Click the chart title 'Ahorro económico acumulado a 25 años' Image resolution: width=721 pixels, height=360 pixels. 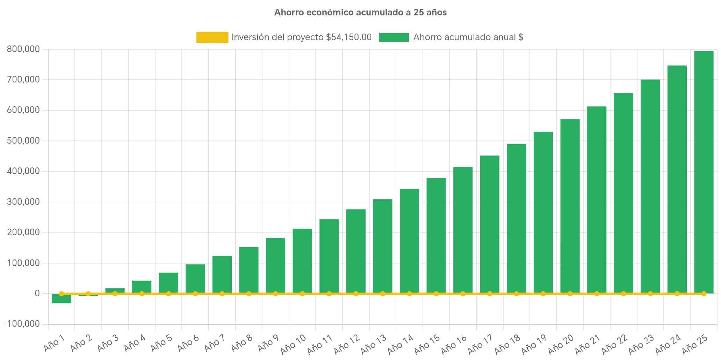pyautogui.click(x=360, y=13)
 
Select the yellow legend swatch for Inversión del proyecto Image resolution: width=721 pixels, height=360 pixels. pyautogui.click(x=212, y=37)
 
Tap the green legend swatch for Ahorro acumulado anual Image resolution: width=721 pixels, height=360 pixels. pyautogui.click(x=394, y=37)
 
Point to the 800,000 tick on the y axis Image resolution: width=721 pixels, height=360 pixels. pyautogui.click(x=23, y=49)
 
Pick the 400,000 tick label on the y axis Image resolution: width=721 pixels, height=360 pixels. pyautogui.click(x=23, y=171)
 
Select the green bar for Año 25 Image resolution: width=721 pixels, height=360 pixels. pyautogui.click(x=704, y=171)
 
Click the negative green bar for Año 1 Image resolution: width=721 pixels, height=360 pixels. pyautogui.click(x=62, y=299)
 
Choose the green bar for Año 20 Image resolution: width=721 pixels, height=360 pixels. pyautogui.click(x=570, y=206)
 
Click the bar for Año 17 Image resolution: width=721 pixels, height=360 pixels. pyautogui.click(x=489, y=224)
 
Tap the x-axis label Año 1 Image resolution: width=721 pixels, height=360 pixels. pyautogui.click(x=54, y=343)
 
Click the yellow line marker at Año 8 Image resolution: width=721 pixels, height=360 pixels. pyautogui.click(x=249, y=294)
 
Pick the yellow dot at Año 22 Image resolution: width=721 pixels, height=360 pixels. pyautogui.click(x=623, y=294)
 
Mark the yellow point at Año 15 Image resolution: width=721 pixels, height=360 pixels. pyautogui.click(x=436, y=294)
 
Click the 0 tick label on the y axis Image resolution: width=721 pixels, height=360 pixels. pyautogui.click(x=37, y=293)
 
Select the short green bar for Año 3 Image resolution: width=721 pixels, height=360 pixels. pyautogui.click(x=115, y=290)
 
